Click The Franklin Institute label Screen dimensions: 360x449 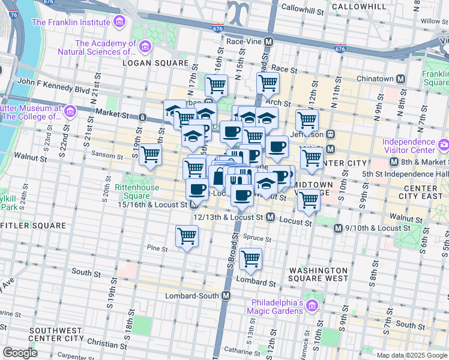(71, 22)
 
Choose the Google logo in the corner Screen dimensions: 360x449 (19, 353)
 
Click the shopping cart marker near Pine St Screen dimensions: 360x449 (187, 236)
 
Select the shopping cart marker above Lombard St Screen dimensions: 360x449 (250, 259)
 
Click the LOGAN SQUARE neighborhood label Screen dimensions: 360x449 (148, 62)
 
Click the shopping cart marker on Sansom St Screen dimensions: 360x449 (150, 155)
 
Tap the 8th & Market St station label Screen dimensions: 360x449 (421, 162)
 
